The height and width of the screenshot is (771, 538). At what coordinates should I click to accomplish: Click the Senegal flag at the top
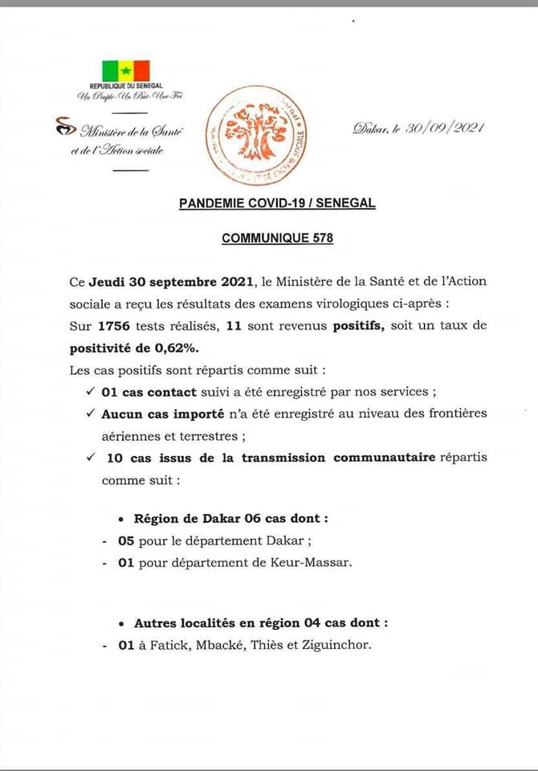click(125, 71)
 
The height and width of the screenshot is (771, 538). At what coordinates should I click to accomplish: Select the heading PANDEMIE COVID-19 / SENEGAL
click(277, 204)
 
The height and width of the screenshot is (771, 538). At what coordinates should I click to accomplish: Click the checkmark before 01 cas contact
click(89, 391)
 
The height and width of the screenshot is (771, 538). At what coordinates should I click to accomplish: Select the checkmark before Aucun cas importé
click(89, 413)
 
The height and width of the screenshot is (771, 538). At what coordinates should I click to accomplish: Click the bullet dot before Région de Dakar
click(120, 520)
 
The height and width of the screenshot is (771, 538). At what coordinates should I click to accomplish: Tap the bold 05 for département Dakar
click(125, 541)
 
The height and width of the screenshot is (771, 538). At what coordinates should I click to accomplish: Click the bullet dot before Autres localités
click(120, 623)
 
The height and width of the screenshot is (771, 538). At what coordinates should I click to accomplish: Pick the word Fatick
click(169, 644)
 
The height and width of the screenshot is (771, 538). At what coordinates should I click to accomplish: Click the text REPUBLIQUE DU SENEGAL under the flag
click(125, 85)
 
